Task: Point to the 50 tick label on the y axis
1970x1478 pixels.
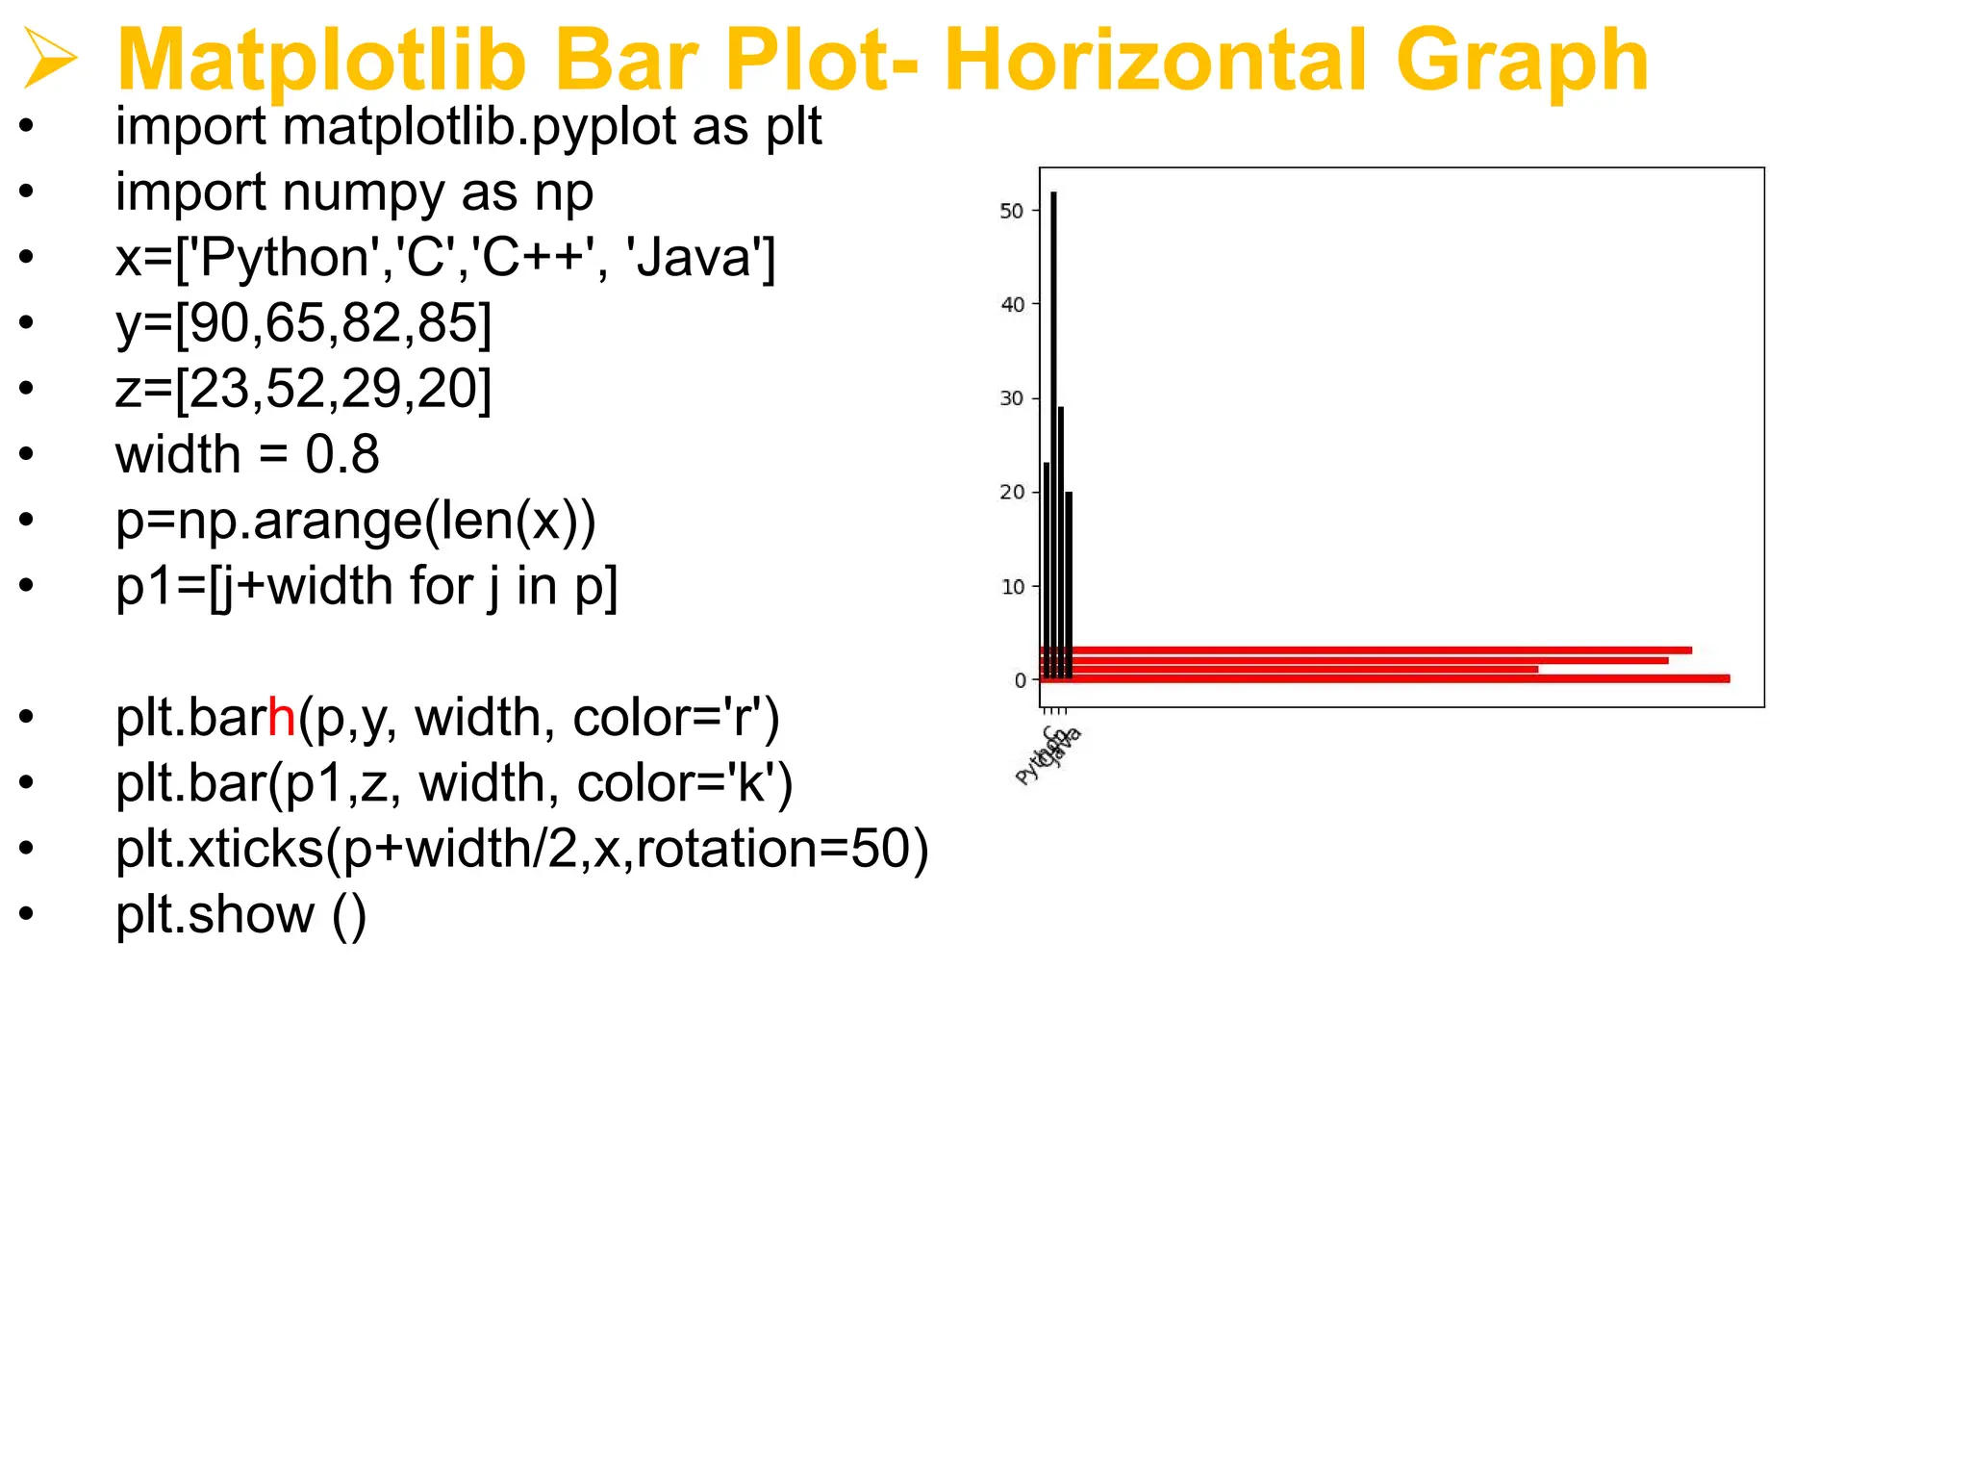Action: point(1012,211)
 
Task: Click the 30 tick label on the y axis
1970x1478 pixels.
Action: point(1012,398)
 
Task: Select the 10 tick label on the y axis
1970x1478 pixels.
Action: point(1012,586)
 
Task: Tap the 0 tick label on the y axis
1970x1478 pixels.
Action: point(1020,680)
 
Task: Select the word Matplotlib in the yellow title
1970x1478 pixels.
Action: point(321,60)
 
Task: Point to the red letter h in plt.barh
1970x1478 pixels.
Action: point(281,718)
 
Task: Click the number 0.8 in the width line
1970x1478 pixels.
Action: point(342,454)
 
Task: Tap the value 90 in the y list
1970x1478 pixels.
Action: point(219,323)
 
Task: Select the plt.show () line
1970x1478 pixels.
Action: point(240,914)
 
